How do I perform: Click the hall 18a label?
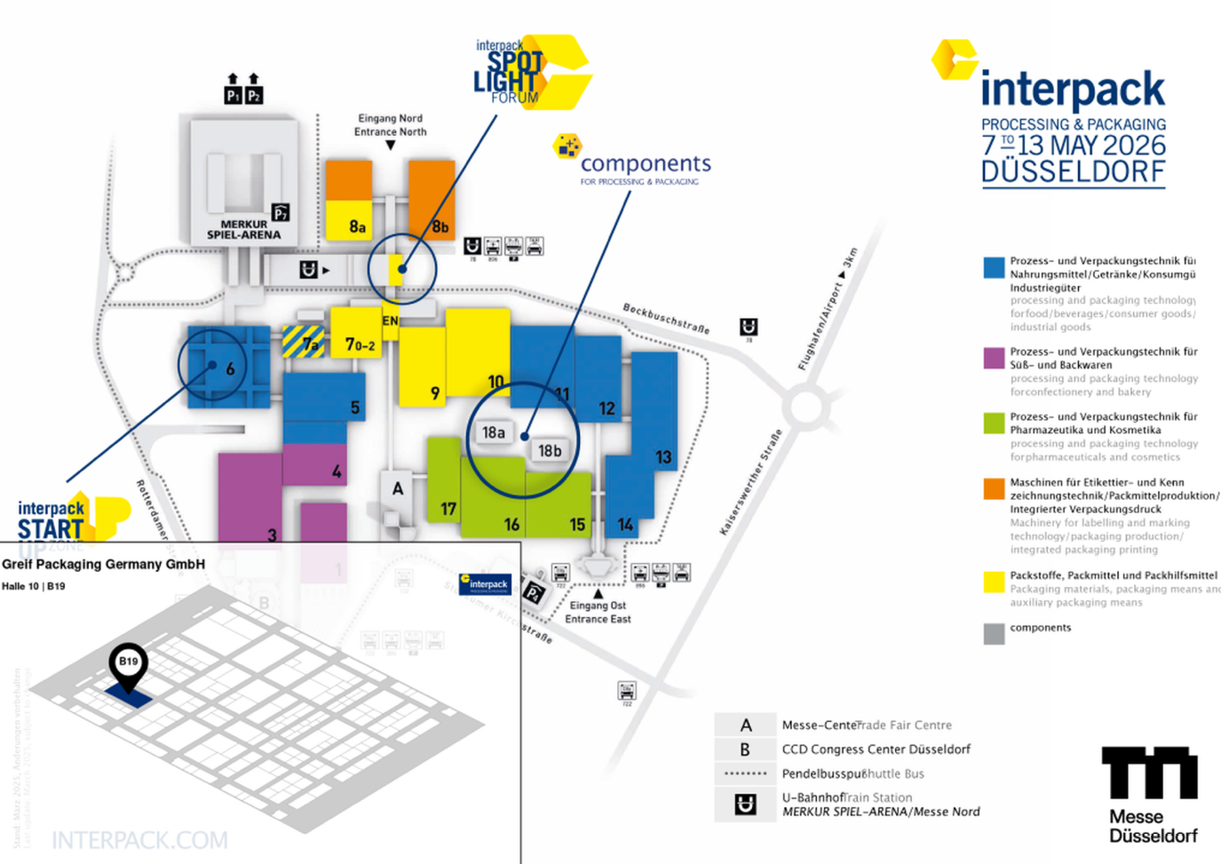(x=493, y=432)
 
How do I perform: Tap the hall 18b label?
(x=550, y=451)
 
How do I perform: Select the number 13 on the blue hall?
(x=663, y=457)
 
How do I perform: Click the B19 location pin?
(x=129, y=664)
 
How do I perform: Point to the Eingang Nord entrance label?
(x=390, y=124)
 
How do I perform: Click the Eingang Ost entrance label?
(x=598, y=612)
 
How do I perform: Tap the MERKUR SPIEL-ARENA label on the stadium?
(x=243, y=230)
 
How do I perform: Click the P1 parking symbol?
(x=233, y=95)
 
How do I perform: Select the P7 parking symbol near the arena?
(x=281, y=212)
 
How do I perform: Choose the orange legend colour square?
(x=994, y=488)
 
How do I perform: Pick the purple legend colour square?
(x=994, y=358)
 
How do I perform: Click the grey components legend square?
(x=994, y=633)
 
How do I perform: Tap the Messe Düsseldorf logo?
(x=1151, y=794)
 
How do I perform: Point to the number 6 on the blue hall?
(x=230, y=369)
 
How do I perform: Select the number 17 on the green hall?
(x=448, y=509)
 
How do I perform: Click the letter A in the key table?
(x=745, y=725)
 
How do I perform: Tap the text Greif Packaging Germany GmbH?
(x=104, y=564)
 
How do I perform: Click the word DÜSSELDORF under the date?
(x=1073, y=171)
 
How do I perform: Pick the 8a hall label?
(x=357, y=226)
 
